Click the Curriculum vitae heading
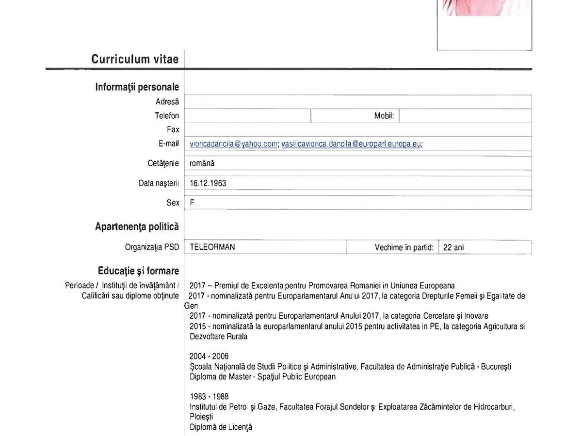135,59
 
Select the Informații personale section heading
137,87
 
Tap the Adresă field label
167,102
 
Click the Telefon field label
167,116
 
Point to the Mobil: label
384,116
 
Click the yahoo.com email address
233,143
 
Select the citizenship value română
202,163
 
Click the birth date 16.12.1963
208,183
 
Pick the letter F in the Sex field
192,203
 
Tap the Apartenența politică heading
137,227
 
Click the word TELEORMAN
212,247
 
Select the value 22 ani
453,248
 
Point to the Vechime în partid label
404,248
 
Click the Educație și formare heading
138,271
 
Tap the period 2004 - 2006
209,357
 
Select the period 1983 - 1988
209,397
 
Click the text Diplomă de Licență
221,427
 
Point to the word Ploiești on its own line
201,417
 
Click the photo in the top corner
484,19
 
